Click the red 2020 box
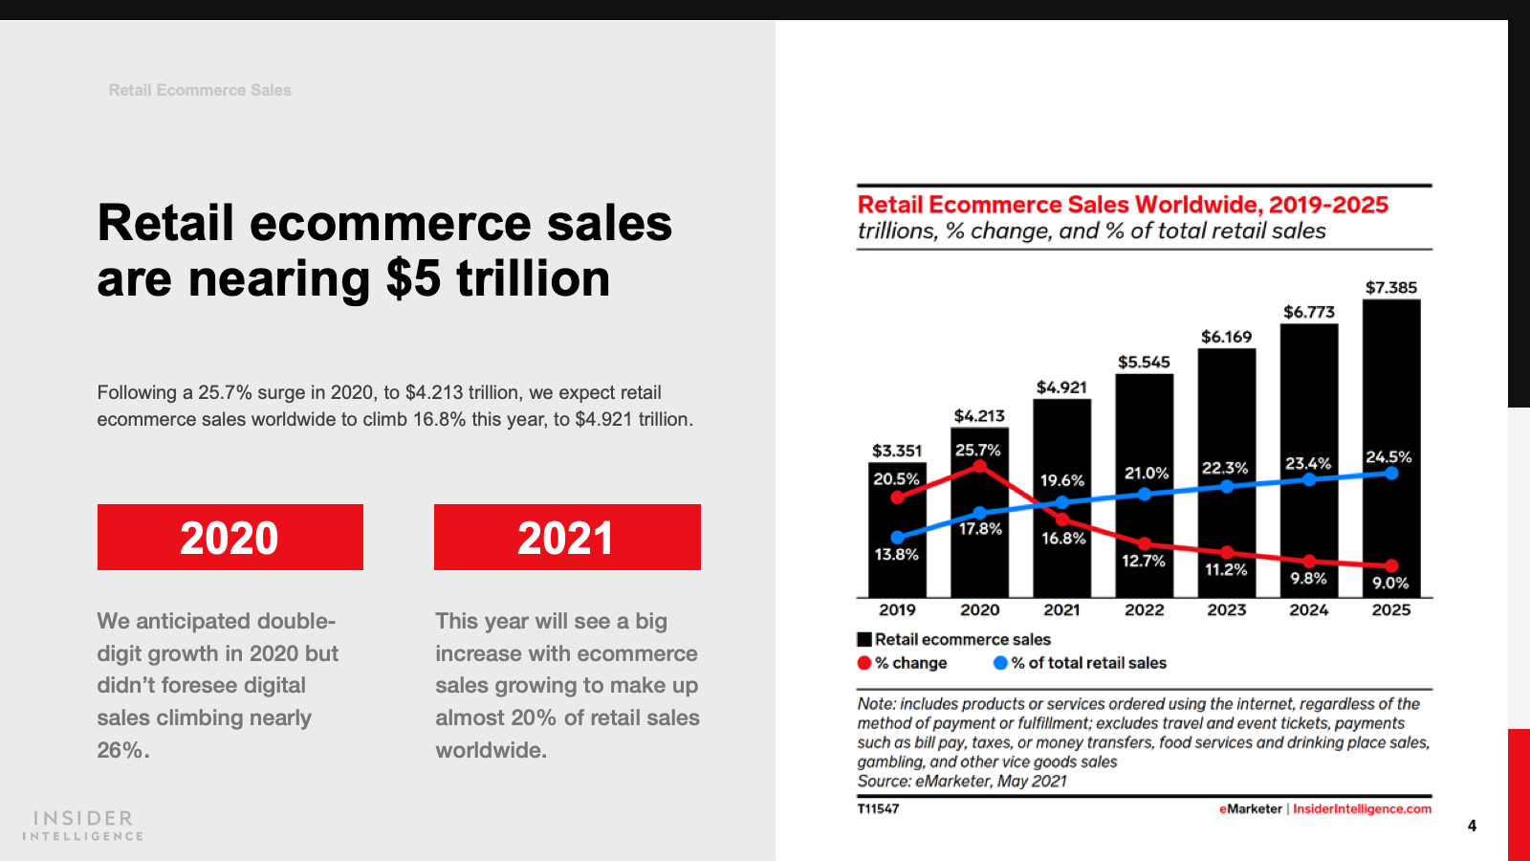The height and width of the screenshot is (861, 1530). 229,538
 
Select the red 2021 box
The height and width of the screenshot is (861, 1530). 567,538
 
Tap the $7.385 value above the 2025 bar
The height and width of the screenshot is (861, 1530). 1391,287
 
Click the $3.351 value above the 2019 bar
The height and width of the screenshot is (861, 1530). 897,451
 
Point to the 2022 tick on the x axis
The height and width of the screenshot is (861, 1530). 1145,610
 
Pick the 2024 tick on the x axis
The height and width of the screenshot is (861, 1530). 1309,610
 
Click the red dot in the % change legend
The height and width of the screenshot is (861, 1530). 864,663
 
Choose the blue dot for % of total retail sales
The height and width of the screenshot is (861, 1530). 1000,663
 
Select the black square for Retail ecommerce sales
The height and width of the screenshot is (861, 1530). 864,639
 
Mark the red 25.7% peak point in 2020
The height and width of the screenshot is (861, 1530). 979,467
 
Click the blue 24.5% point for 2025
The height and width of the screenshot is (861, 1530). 1391,473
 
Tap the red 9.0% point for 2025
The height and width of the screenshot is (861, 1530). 1391,565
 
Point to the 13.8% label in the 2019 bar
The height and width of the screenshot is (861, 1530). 896,555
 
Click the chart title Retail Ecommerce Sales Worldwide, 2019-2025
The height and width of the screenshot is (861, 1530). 1123,205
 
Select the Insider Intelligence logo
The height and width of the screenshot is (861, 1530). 83,825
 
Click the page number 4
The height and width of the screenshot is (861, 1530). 1472,826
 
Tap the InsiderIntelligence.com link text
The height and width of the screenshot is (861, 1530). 1362,809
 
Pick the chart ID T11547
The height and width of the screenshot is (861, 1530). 878,809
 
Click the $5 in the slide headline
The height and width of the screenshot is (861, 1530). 413,279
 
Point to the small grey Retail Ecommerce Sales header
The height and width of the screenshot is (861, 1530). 200,90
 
